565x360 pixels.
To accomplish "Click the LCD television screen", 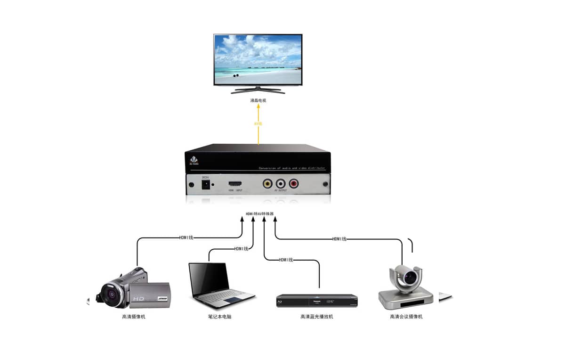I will tap(258, 59).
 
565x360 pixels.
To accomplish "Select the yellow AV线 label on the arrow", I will tap(258, 123).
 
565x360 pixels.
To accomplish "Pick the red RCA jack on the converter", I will tap(294, 183).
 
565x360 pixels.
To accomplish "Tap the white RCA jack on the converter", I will tap(281, 183).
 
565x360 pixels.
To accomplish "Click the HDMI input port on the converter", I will tap(235, 184).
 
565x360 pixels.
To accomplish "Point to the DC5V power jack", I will tap(206, 186).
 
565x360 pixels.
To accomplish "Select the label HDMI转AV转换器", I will tap(259, 214).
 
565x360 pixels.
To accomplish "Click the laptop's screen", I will tap(209, 280).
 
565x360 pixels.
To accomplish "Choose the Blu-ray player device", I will tap(316, 300).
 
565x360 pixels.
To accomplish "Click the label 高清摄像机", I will tap(134, 317).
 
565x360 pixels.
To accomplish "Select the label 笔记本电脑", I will tap(219, 317).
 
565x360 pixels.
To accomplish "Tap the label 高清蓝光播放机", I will tap(316, 317).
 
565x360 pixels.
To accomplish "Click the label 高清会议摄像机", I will tap(406, 317).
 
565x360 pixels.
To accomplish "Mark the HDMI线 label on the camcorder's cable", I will tap(186, 237).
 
